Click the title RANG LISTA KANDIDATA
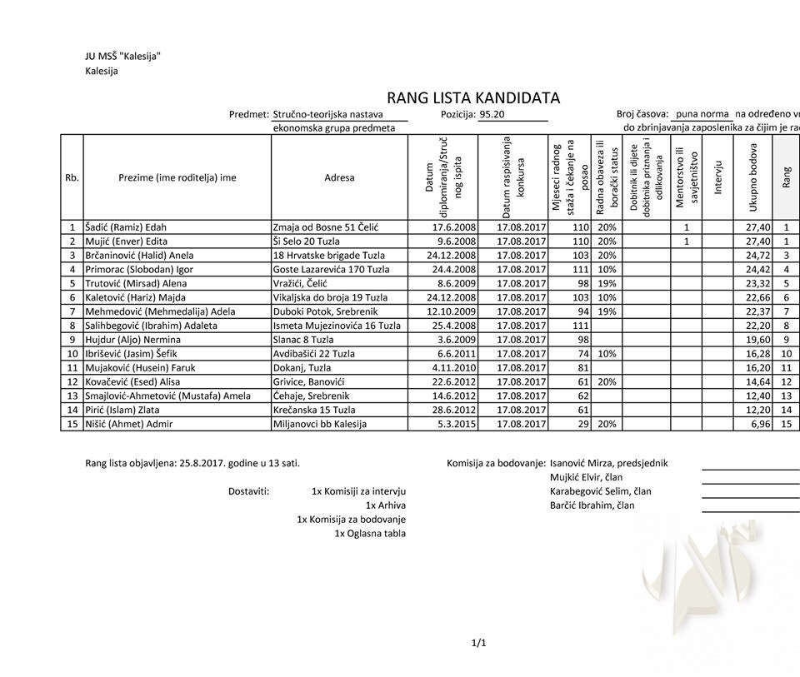pyautogui.click(x=472, y=98)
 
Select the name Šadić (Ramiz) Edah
pyautogui.click(x=126, y=227)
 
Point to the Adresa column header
pyautogui.click(x=339, y=177)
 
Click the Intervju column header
pyautogui.click(x=718, y=177)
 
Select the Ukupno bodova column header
pyautogui.click(x=753, y=177)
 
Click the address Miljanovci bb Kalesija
pyautogui.click(x=320, y=425)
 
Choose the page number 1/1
pyautogui.click(x=478, y=643)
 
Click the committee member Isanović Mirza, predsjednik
pyautogui.click(x=608, y=464)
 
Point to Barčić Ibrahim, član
pyautogui.click(x=592, y=505)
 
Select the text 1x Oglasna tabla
pyautogui.click(x=370, y=533)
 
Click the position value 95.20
pyautogui.click(x=492, y=115)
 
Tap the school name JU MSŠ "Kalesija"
pyautogui.click(x=122, y=57)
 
